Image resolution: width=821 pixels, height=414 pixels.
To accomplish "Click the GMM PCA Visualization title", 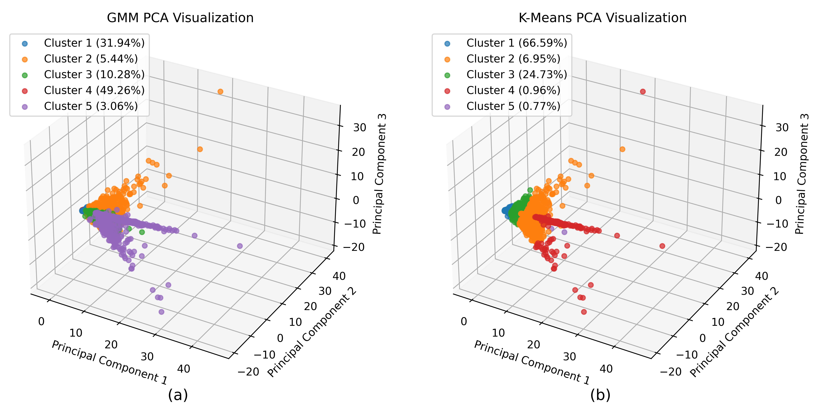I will click(180, 18).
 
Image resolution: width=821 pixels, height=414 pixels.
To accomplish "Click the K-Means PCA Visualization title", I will click(602, 18).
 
